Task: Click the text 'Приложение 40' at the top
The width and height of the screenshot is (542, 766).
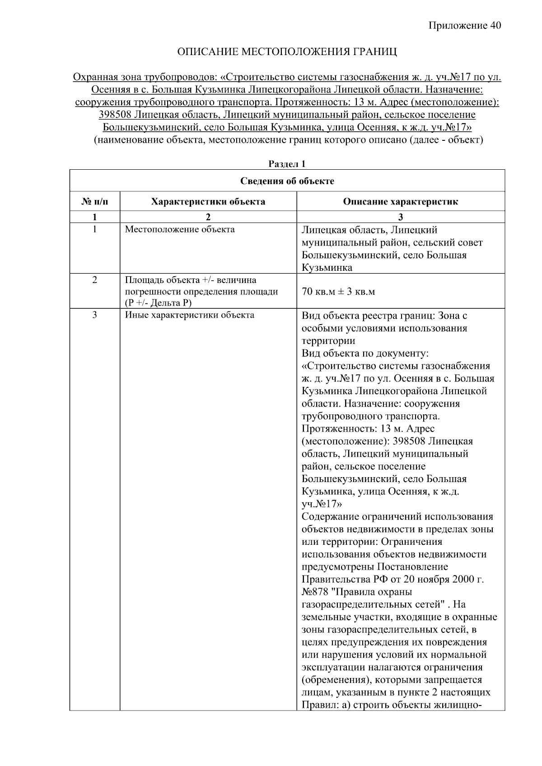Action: (465, 26)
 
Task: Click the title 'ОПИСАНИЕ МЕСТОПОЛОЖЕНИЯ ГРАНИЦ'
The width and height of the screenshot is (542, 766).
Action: (287, 52)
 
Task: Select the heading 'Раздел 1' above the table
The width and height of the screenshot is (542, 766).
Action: (287, 164)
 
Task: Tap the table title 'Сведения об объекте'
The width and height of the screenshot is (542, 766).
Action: (287, 181)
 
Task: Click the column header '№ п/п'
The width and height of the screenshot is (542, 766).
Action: (94, 202)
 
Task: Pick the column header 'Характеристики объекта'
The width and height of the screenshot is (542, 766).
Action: (208, 202)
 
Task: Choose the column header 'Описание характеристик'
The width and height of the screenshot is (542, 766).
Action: (400, 202)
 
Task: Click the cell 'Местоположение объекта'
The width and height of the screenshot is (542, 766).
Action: (180, 229)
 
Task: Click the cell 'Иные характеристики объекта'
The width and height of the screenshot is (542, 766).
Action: (189, 315)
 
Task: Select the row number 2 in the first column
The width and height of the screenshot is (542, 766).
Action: (94, 280)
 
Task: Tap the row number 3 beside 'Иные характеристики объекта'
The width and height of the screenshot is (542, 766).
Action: (94, 315)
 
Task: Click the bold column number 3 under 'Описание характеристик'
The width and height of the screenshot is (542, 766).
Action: (400, 217)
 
